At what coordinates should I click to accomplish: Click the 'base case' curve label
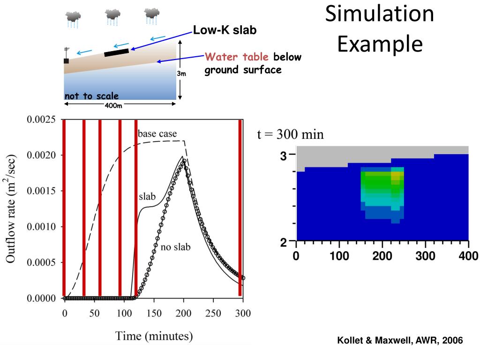pos(157,134)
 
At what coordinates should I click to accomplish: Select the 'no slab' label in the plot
pos(176,247)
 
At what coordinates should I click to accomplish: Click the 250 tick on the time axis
pos(214,314)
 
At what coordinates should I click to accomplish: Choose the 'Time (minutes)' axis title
pos(154,336)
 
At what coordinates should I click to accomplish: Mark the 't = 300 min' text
pos(291,135)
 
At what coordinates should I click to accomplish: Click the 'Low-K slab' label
pos(225,30)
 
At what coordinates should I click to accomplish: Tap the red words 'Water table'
pos(238,57)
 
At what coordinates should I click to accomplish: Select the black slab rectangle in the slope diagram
pos(116,52)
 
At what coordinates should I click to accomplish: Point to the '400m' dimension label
pos(112,105)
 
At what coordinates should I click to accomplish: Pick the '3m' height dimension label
pos(181,74)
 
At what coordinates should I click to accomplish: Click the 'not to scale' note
pos(92,96)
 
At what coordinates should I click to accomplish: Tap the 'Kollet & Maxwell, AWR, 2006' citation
pos(400,341)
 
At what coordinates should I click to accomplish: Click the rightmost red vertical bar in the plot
pos(240,208)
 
